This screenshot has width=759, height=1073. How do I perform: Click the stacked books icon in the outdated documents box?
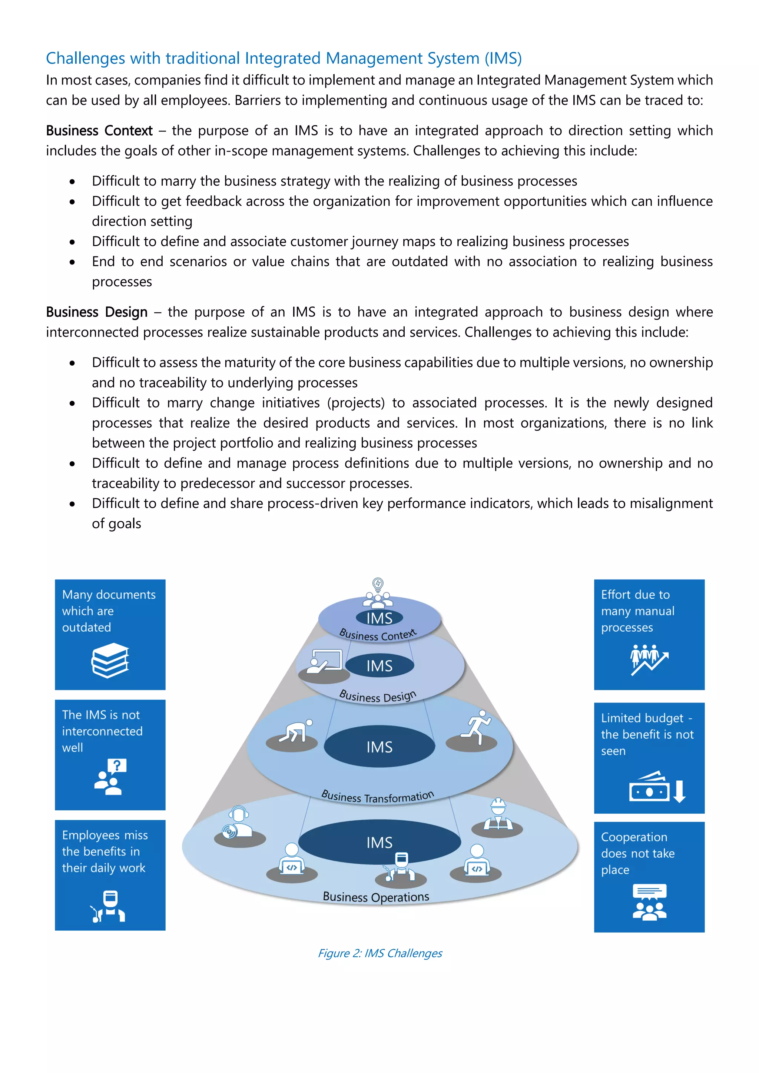click(110, 660)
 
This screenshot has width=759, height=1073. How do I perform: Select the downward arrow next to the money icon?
click(680, 791)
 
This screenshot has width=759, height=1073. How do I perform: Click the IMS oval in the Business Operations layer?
click(379, 842)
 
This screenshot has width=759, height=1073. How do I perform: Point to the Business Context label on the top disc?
click(377, 635)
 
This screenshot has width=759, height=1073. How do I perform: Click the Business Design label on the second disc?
click(377, 696)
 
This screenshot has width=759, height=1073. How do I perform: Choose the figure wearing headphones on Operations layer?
click(238, 823)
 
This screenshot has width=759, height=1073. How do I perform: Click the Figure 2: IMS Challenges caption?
click(379, 953)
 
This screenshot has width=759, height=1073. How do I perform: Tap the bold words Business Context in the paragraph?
click(99, 131)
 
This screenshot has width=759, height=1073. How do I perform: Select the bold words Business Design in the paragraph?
click(97, 312)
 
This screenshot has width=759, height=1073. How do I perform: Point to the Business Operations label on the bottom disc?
click(376, 897)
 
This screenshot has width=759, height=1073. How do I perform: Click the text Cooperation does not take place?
click(637, 853)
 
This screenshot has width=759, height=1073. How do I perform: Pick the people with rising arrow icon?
click(649, 659)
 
